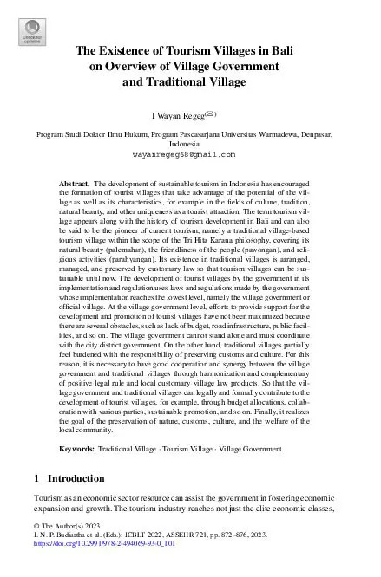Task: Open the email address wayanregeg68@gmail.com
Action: [x=191, y=153]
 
